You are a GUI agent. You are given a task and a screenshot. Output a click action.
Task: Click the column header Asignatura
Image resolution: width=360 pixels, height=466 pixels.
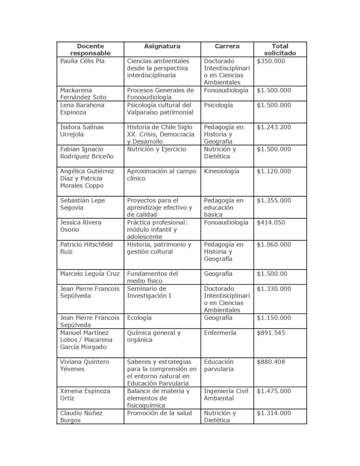tap(162, 46)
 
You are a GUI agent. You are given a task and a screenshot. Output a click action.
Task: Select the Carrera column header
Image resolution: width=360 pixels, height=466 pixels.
tap(227, 46)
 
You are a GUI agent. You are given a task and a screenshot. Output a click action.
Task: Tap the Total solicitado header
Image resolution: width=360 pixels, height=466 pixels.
tap(280, 50)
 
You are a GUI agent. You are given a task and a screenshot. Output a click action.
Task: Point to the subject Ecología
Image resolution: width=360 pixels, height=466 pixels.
tap(139, 318)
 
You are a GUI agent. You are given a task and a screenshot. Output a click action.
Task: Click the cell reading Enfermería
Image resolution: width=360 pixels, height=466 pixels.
tap(220, 333)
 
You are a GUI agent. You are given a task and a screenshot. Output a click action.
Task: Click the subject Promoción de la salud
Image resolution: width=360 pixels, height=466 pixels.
tap(160, 413)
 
